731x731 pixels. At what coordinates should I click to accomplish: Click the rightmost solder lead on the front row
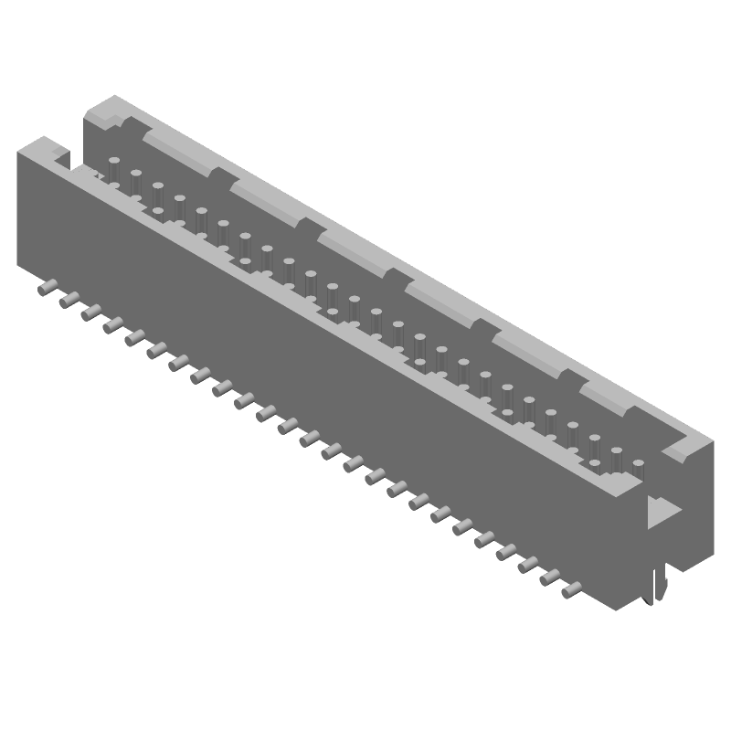(x=570, y=591)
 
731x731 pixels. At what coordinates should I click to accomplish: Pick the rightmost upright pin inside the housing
(x=638, y=469)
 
